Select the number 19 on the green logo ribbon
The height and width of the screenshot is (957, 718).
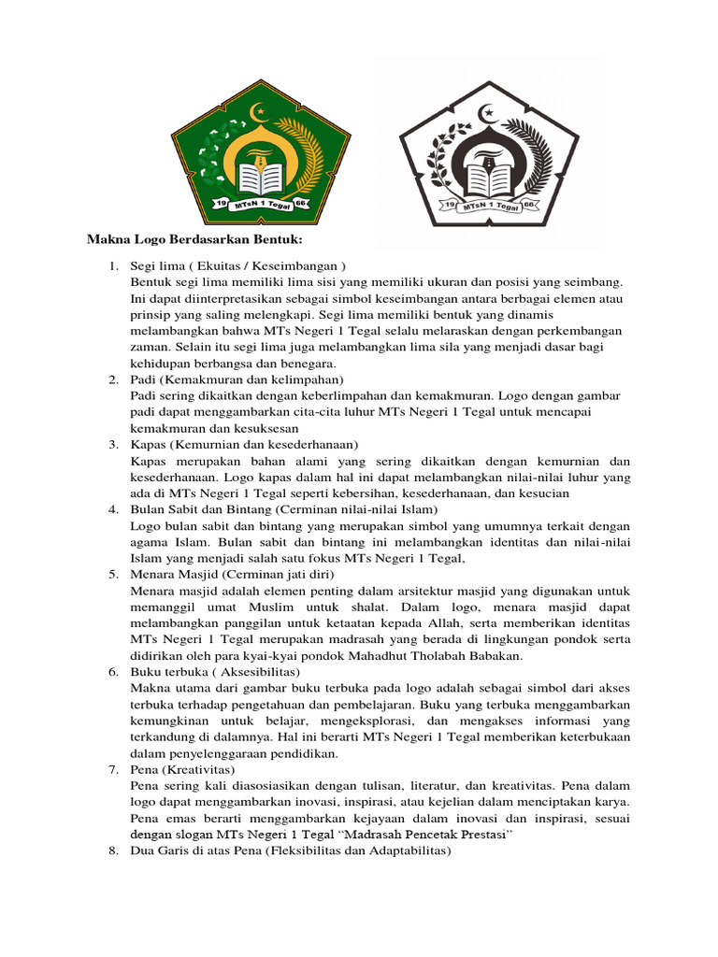click(222, 203)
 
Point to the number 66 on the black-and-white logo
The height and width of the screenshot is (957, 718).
click(527, 203)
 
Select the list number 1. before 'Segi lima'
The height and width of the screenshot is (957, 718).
click(111, 265)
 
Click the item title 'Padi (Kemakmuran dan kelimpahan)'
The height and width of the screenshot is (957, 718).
click(237, 380)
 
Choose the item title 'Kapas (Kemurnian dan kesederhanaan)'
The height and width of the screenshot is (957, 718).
click(245, 445)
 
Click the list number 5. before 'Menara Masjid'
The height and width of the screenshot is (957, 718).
click(111, 574)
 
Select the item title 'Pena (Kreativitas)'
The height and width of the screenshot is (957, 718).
click(182, 770)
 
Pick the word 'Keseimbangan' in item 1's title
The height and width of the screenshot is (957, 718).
click(299, 265)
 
